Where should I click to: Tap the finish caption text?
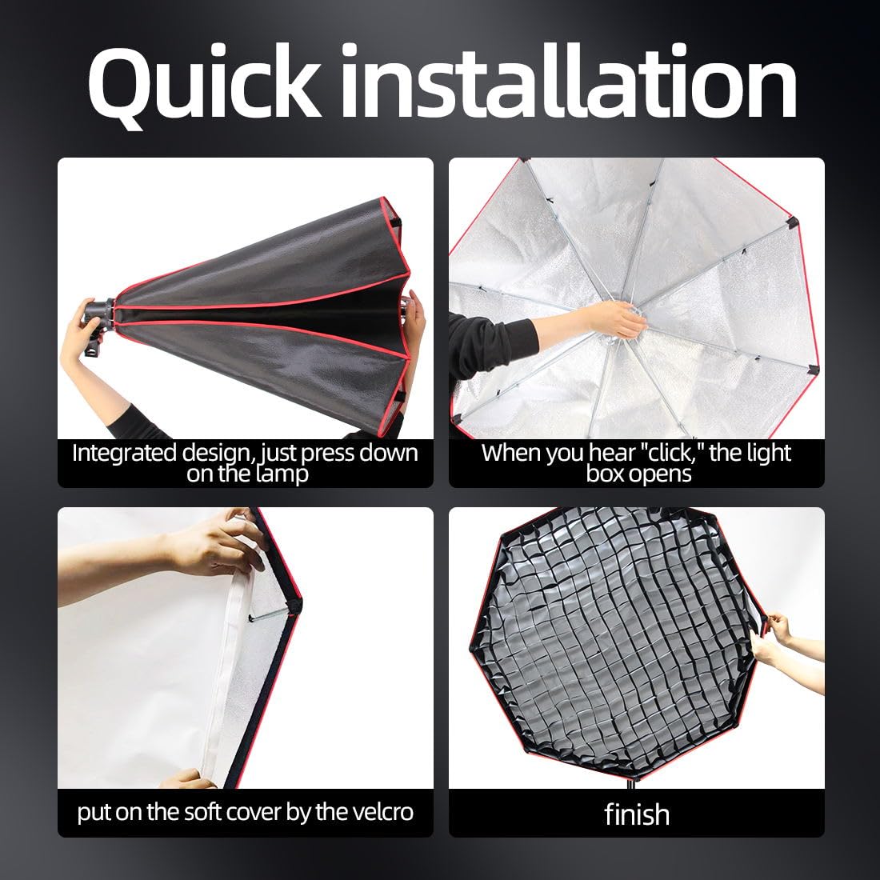point(637,814)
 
